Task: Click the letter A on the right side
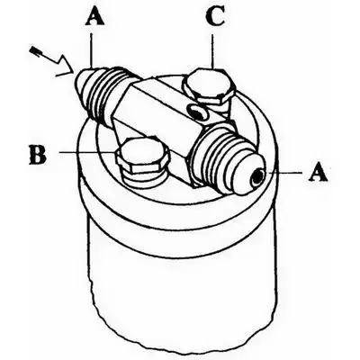318,172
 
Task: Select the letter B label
37,155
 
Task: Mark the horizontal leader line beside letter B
87,152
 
